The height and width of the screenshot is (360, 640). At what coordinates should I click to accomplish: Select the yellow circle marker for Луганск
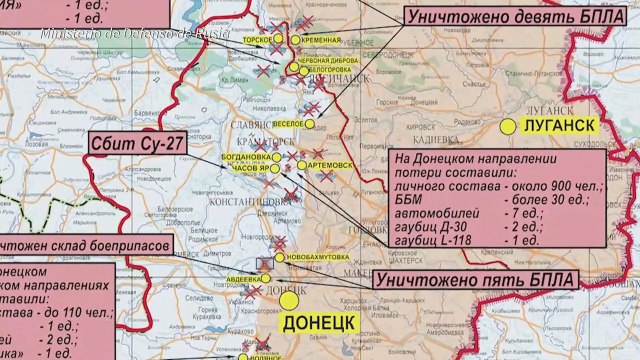point(510,126)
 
